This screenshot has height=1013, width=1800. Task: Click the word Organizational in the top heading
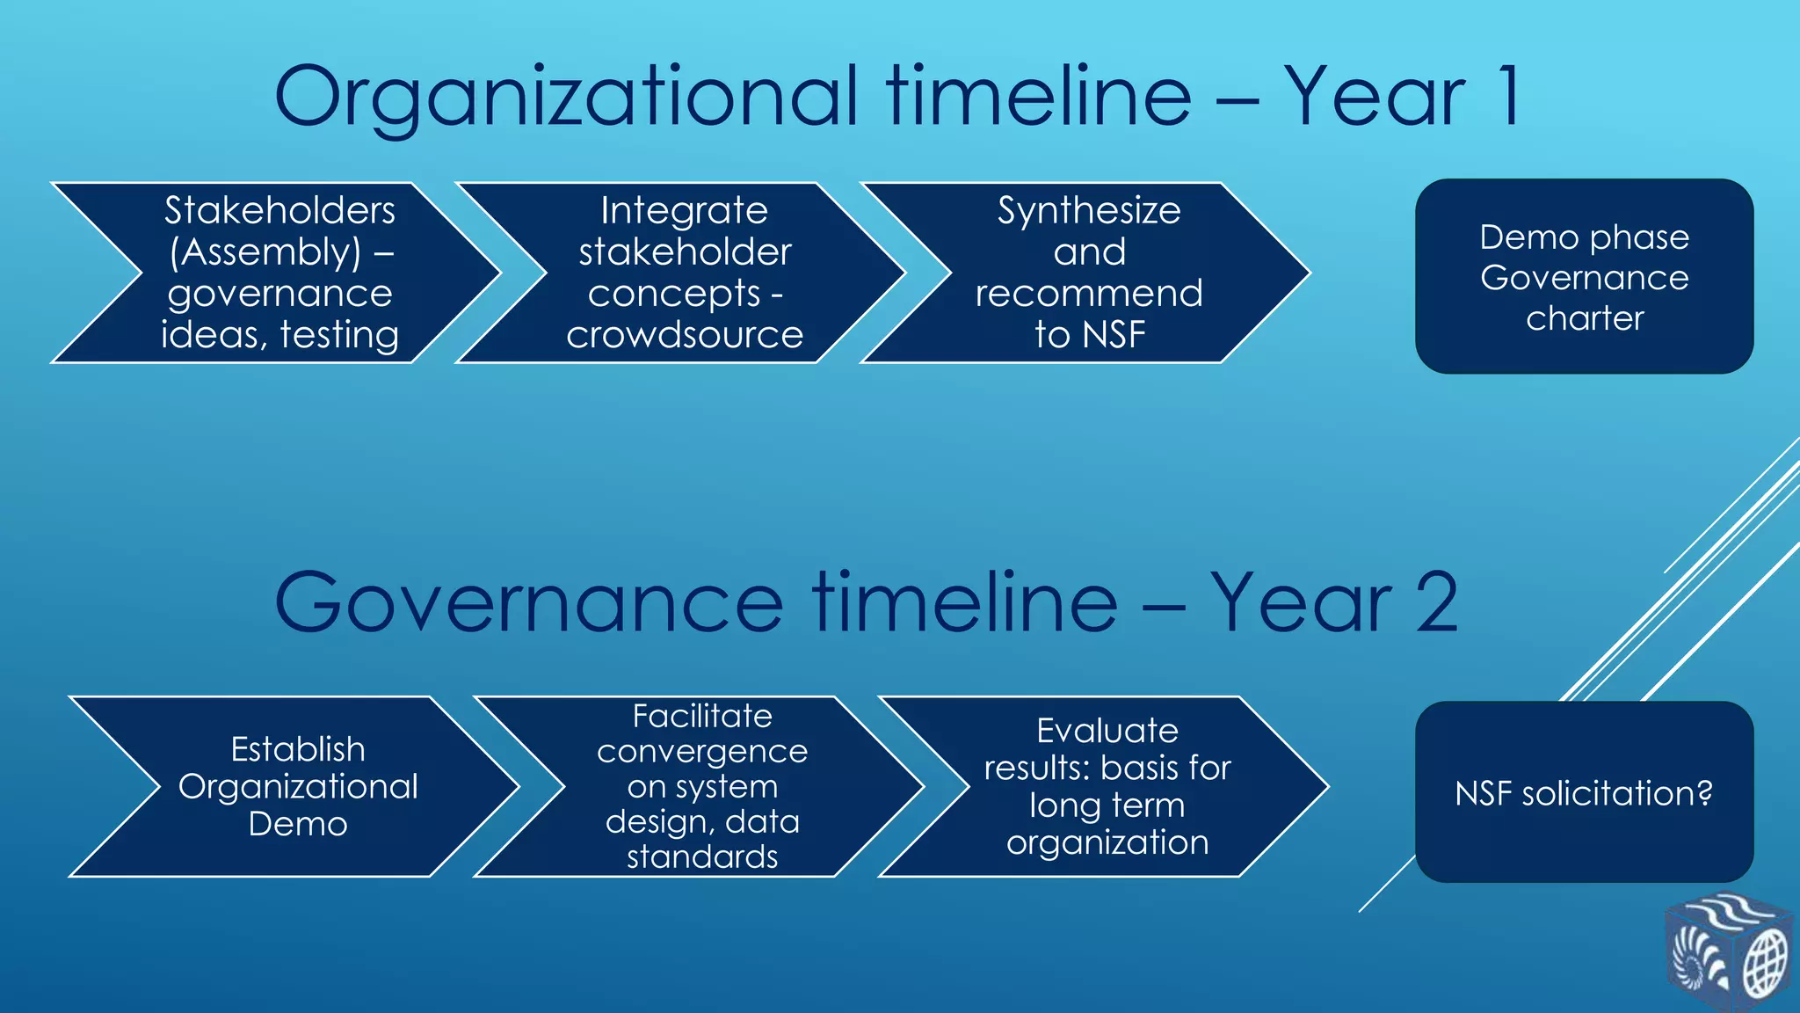coord(566,97)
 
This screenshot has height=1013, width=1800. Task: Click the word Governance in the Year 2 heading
coord(527,603)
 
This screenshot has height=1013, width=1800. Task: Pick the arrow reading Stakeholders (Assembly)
coord(279,273)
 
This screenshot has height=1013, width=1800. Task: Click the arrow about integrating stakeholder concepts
coord(684,273)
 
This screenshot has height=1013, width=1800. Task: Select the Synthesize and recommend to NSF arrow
coord(1089,273)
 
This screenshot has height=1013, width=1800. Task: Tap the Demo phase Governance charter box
coord(1584,277)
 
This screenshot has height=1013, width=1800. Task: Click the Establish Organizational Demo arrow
coord(298,786)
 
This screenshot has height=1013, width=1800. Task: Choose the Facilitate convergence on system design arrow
coord(701,786)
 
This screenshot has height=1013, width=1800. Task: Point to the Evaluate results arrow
coord(1107,786)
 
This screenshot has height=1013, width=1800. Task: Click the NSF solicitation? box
coord(1584,792)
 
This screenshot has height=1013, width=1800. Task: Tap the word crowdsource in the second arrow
coord(684,335)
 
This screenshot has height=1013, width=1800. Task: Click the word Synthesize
coord(1089,211)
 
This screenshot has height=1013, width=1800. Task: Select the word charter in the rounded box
coord(1584,318)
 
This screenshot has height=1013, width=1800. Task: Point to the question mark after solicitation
coord(1705,792)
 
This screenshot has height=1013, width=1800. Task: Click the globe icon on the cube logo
coord(1764,965)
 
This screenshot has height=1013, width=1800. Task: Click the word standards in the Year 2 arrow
coord(701,856)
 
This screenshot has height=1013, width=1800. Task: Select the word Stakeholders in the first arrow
coord(279,211)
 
